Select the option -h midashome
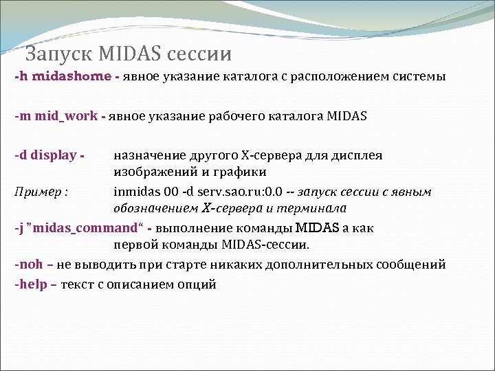pyautogui.click(x=63, y=77)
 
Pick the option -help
pyautogui.click(x=32, y=284)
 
